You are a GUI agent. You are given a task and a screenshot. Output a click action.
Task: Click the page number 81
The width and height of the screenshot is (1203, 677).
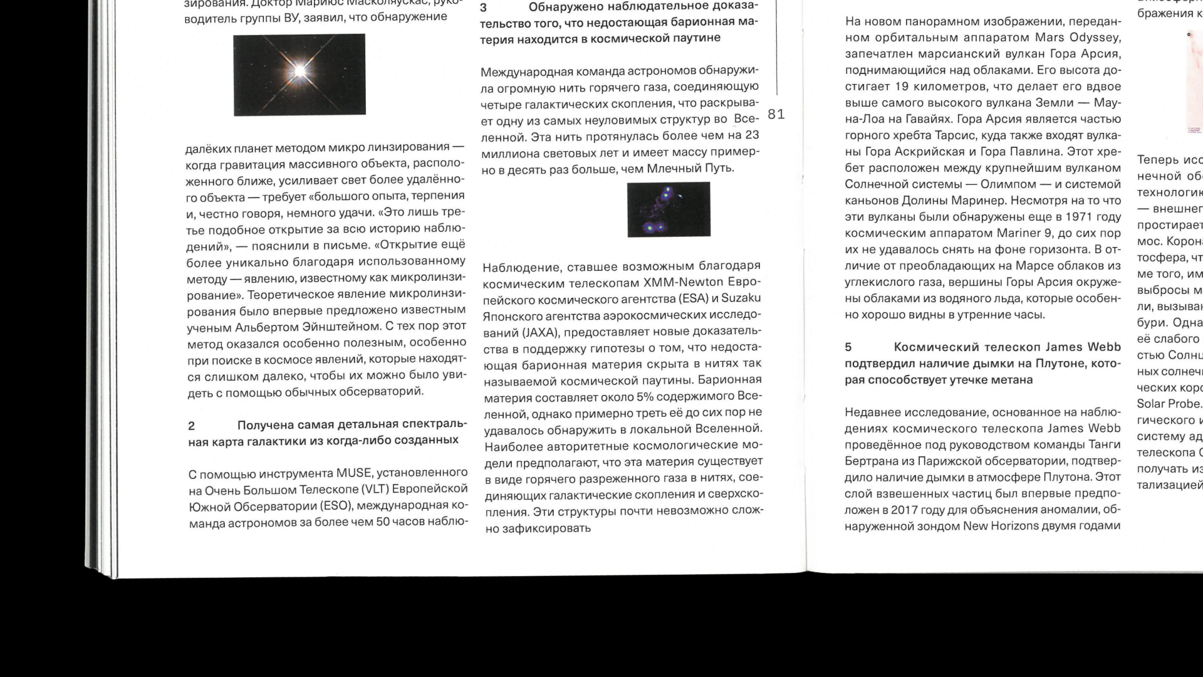pyautogui.click(x=776, y=114)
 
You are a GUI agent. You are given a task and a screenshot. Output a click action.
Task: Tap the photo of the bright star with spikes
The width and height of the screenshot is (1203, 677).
pyautogui.click(x=299, y=75)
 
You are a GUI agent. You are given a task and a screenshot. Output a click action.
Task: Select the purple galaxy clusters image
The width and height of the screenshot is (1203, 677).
pyautogui.click(x=669, y=209)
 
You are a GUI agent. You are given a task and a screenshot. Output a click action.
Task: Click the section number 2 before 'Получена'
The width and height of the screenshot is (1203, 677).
pyautogui.click(x=192, y=426)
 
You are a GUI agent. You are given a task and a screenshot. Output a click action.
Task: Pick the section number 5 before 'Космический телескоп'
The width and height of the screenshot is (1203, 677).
pyautogui.click(x=848, y=347)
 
